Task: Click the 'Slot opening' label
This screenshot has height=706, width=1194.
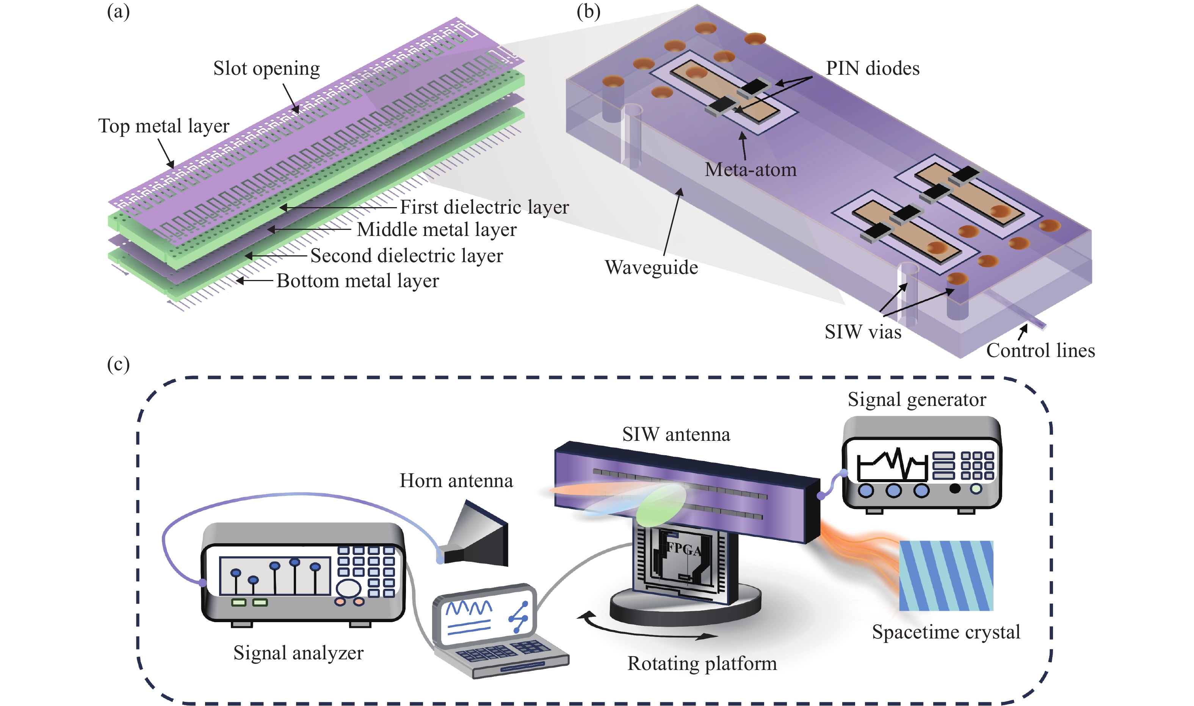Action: click(x=266, y=69)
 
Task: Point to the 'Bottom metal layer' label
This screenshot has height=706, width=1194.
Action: click(x=357, y=281)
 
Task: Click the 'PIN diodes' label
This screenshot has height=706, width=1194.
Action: click(x=872, y=69)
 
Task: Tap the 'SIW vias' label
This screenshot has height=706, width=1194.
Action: click(x=863, y=332)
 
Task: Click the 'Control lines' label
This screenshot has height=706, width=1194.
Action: click(x=1040, y=351)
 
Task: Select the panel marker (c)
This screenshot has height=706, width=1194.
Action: click(x=118, y=365)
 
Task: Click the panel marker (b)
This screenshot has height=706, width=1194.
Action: click(x=588, y=11)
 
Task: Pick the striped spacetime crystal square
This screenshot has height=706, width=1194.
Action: click(x=946, y=575)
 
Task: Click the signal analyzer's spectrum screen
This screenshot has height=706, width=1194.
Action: click(x=275, y=575)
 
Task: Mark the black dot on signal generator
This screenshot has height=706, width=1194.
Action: click(x=954, y=489)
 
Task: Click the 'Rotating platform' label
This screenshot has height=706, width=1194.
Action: click(x=702, y=663)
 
